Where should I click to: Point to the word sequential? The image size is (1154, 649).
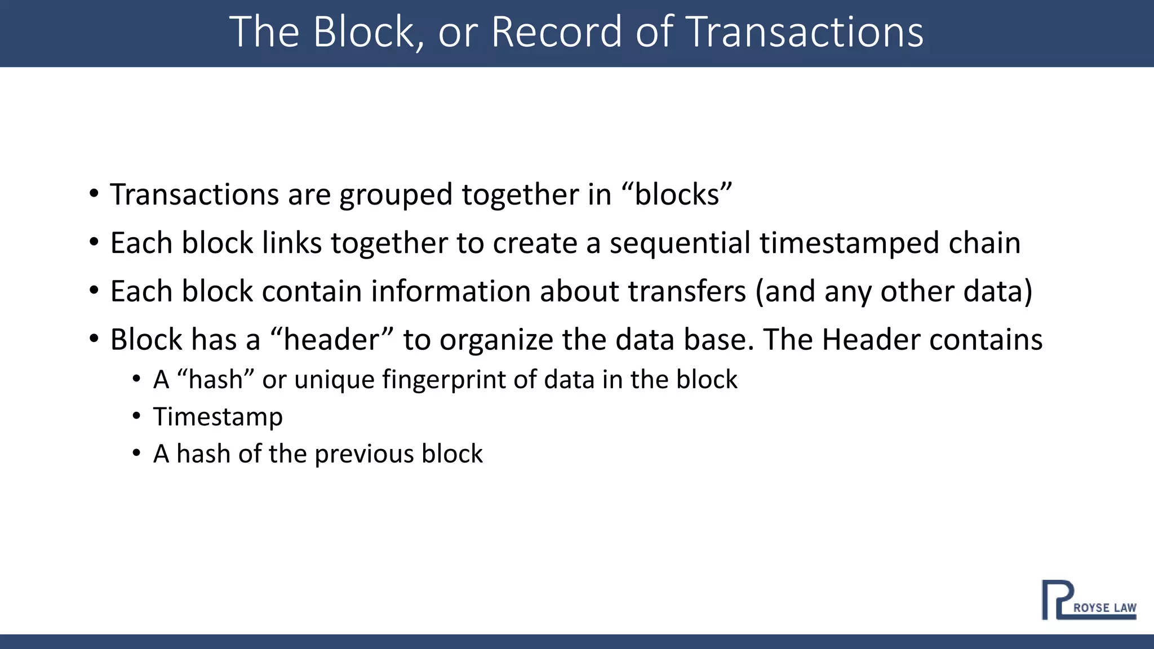680,243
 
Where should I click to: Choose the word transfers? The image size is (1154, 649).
687,291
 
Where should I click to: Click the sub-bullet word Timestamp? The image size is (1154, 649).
218,417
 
